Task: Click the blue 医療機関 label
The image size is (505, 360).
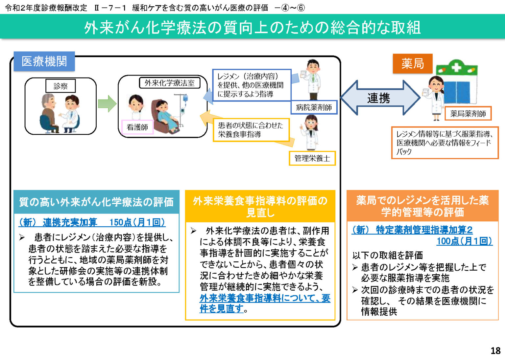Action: click(x=44, y=61)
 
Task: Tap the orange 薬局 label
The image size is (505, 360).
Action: click(x=412, y=63)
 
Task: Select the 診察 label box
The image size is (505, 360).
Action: click(x=60, y=86)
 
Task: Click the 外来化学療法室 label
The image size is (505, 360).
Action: click(x=170, y=83)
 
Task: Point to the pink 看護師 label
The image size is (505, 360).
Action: click(x=137, y=127)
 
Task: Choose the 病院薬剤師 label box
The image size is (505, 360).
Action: click(x=314, y=107)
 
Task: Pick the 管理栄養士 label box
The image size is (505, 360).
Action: click(x=312, y=158)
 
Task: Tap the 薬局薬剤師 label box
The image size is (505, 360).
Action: click(x=468, y=114)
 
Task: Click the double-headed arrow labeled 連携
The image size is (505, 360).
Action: click(x=380, y=98)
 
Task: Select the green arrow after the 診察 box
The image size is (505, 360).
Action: click(x=107, y=103)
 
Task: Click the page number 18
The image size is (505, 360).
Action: click(x=495, y=351)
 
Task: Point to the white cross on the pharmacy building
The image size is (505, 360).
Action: click(x=456, y=67)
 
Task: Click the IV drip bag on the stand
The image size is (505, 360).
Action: click(x=185, y=98)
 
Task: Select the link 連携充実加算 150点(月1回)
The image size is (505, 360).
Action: click(x=92, y=222)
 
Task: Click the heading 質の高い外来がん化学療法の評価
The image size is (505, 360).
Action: click(x=96, y=202)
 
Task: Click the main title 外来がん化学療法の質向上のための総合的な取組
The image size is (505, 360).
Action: click(x=252, y=28)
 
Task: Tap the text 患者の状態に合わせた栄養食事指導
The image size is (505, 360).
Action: click(x=251, y=130)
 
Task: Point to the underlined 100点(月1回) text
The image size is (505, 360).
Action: click(x=464, y=241)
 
